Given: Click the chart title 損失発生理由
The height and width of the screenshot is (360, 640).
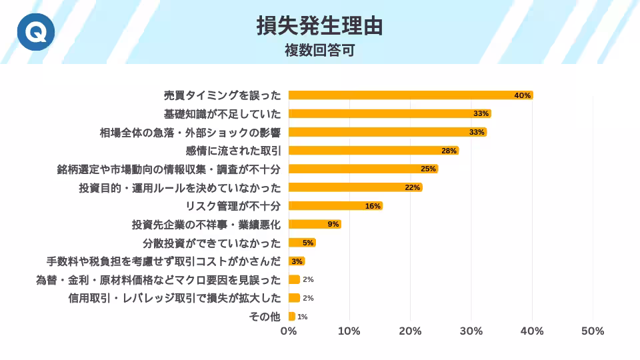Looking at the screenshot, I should [320, 25].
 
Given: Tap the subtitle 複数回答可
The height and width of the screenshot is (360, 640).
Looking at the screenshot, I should [319, 50].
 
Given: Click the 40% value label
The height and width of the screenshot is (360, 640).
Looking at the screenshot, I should [522, 95].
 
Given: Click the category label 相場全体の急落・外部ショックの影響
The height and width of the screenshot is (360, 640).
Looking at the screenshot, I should [189, 132].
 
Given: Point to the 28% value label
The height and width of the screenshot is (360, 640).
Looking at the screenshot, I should [449, 151].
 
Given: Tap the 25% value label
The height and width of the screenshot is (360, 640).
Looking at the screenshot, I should [428, 169].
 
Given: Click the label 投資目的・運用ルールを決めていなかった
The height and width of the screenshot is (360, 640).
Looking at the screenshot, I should [180, 187].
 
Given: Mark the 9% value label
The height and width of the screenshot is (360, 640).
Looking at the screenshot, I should [333, 225].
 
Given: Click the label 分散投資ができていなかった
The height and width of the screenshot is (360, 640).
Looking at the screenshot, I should [212, 243].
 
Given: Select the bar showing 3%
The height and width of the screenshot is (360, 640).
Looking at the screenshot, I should [297, 261].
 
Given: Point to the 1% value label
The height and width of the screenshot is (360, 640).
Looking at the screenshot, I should [302, 317].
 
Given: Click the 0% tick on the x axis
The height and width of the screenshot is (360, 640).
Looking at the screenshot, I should [288, 331].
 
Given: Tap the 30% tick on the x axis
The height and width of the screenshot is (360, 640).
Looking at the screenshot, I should [471, 331].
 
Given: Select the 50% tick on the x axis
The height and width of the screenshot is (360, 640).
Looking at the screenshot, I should [593, 331].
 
